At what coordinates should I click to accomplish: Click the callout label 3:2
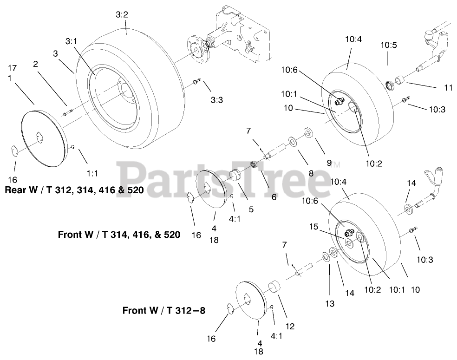point(122,15)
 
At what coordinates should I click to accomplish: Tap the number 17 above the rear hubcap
point(12,68)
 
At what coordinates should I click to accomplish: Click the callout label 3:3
point(216,99)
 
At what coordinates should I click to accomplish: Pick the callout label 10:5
point(389,45)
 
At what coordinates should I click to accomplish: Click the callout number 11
point(435,87)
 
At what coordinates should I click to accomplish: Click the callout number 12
point(290,326)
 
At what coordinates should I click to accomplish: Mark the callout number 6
point(274,197)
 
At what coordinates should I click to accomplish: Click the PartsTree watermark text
point(223,179)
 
